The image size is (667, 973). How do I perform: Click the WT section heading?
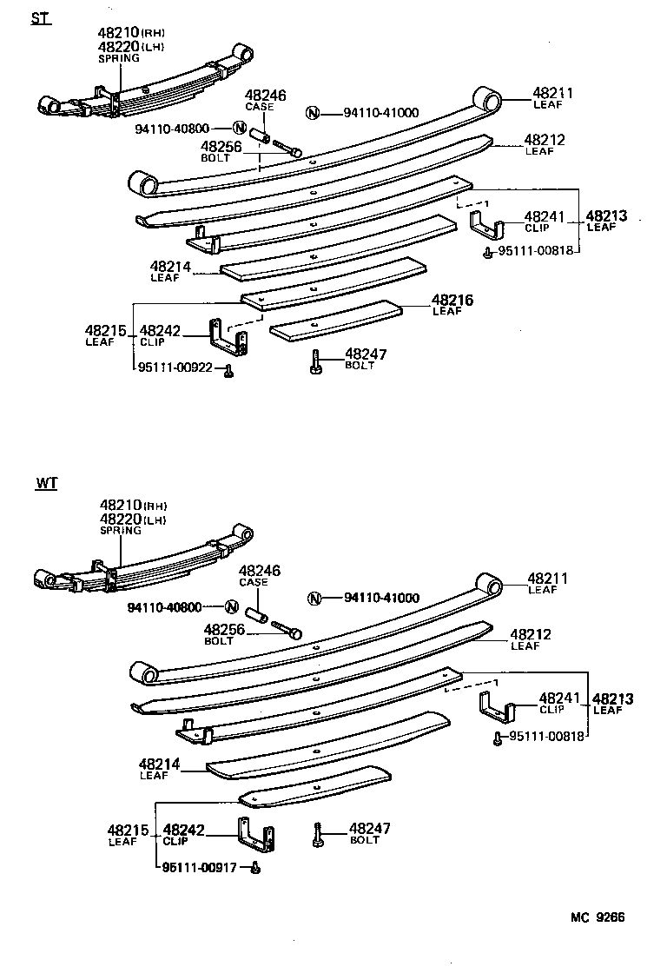(47, 483)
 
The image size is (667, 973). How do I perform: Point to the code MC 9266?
(598, 917)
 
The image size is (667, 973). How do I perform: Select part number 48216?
(452, 301)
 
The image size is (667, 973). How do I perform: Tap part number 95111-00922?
(175, 367)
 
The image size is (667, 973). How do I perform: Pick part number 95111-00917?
(200, 866)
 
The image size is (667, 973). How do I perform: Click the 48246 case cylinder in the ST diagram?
(259, 138)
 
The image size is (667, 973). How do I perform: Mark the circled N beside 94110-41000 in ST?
(314, 112)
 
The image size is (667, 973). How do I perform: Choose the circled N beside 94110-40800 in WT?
(232, 606)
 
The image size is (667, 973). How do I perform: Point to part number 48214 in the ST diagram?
(170, 267)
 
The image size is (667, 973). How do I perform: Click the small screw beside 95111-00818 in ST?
(489, 253)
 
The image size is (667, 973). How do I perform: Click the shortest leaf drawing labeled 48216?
(335, 321)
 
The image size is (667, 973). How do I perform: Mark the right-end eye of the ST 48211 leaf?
(487, 99)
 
